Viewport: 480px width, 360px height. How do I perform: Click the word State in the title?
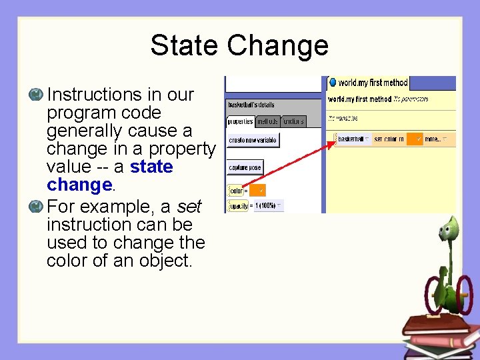pos(185,45)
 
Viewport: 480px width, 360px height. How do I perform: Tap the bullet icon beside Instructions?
pos(36,95)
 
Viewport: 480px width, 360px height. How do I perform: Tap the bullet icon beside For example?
pos(36,206)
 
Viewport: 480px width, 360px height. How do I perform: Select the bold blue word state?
pos(151,167)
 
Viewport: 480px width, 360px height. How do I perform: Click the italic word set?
pos(189,206)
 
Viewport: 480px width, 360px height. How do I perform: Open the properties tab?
pos(240,121)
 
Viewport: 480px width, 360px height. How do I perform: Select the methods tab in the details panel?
pos(267,121)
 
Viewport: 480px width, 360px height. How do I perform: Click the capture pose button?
pos(245,167)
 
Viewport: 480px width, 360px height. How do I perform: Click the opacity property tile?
pos(238,206)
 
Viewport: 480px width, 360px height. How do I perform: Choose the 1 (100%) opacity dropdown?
pos(269,206)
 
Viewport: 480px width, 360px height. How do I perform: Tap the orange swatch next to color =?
pos(257,191)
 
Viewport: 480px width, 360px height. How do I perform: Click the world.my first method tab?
pos(368,83)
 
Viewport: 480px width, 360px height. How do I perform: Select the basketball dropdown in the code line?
pos(353,139)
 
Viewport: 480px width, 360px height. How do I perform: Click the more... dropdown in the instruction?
pos(435,139)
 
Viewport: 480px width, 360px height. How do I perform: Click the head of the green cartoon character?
pos(451,230)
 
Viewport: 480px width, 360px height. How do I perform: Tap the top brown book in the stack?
pos(437,323)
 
